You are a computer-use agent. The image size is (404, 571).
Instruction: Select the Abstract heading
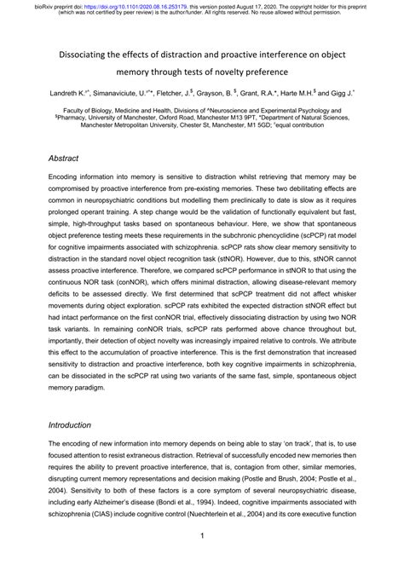[x=65, y=159]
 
